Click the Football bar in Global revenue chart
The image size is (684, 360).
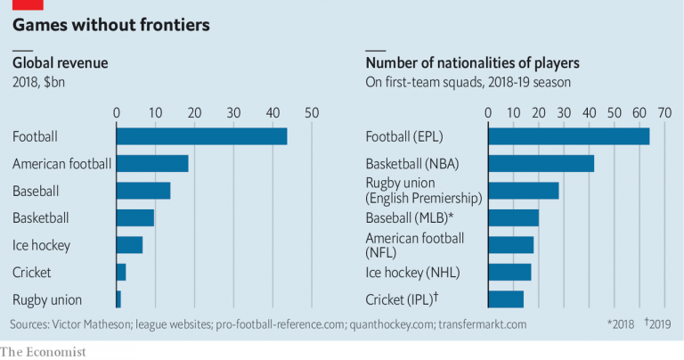click(x=201, y=136)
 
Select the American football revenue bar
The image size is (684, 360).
click(x=152, y=164)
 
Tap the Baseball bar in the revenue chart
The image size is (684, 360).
click(x=143, y=191)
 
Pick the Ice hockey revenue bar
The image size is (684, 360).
click(x=129, y=245)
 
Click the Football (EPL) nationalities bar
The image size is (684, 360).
click(x=568, y=136)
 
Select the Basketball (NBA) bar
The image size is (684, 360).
click(x=541, y=164)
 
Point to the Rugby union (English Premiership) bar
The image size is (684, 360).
click(x=523, y=191)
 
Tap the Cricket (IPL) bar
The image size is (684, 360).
click(x=506, y=299)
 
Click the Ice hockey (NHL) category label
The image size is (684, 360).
click(x=412, y=273)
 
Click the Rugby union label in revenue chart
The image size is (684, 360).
click(x=47, y=299)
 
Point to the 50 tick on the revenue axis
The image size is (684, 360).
click(x=312, y=113)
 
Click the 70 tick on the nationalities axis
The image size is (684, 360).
click(x=664, y=113)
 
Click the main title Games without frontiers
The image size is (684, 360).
click(x=111, y=25)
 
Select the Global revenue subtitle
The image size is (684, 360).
click(x=60, y=63)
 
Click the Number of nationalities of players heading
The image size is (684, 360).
click(x=472, y=63)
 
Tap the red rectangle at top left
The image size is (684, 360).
click(x=28, y=4)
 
